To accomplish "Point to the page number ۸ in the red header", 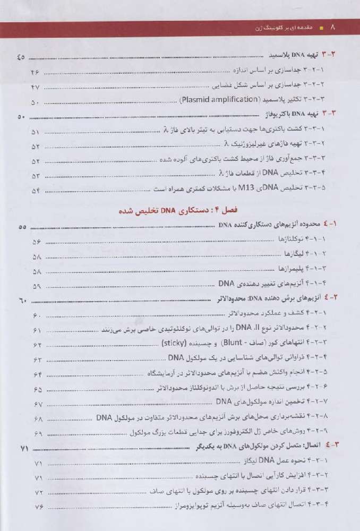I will (333, 28).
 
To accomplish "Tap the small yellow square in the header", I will (322, 28).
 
